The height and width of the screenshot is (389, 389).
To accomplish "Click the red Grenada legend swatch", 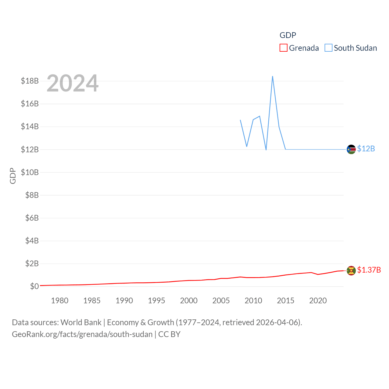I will point(283,48).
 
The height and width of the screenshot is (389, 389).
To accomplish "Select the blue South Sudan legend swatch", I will point(328,48).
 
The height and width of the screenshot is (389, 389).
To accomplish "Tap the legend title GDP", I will point(287,35).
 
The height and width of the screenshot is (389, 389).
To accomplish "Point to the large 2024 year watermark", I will point(72,83).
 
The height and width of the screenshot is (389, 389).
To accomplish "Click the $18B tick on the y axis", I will point(30,81).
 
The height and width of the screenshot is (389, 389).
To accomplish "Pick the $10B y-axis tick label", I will point(30,172).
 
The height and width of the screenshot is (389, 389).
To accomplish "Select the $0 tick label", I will point(34,286).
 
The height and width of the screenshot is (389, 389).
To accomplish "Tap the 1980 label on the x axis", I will point(60,301).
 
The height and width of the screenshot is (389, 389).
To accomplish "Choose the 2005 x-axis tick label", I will point(221,301).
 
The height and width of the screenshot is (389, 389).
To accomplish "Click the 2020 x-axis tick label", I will point(318,301).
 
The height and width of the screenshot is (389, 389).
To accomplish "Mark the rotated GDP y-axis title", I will point(13,176).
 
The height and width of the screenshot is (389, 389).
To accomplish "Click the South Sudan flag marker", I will point(351,149).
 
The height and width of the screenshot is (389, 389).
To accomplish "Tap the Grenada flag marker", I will point(351,270).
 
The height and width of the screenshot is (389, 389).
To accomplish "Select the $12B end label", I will point(366,149).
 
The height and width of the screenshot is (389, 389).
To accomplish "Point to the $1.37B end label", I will point(369,270).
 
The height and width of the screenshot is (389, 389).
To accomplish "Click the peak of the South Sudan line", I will point(273,76).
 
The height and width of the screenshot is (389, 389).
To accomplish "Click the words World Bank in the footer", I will point(81,322).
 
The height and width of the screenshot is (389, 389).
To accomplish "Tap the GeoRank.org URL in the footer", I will point(82,334).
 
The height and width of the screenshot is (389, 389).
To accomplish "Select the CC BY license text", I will point(169,334).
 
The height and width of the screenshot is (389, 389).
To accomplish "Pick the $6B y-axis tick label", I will point(32,218).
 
